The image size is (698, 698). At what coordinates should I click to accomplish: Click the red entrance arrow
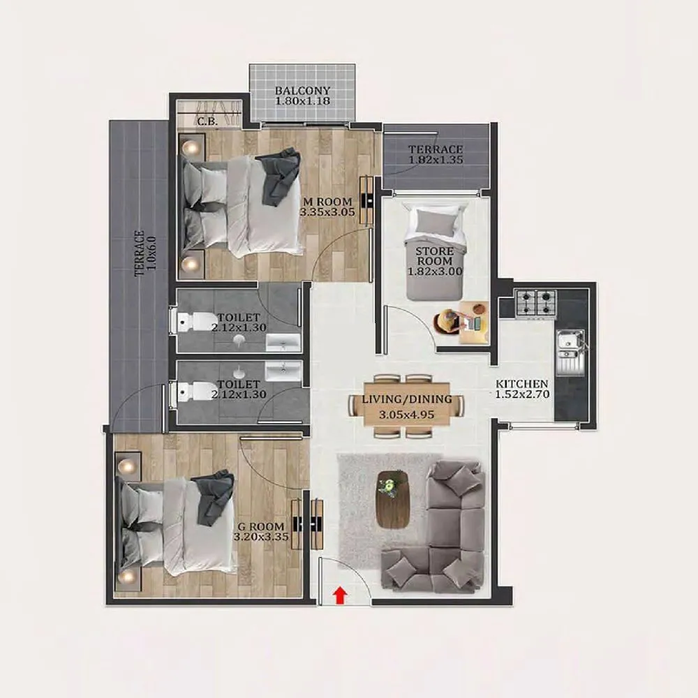point(340,595)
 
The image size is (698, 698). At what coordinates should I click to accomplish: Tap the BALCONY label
point(302,91)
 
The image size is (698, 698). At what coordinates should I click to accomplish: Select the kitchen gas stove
point(535,303)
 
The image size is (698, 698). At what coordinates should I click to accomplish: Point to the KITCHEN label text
point(521,385)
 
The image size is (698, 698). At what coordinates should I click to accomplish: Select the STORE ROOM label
point(435,256)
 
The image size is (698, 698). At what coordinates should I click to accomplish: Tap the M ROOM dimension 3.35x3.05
point(327,210)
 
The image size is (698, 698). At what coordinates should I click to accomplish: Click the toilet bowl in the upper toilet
point(193,322)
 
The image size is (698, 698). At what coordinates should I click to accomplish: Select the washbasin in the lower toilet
point(283,369)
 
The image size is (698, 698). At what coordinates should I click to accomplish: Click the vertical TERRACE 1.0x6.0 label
point(144,253)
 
